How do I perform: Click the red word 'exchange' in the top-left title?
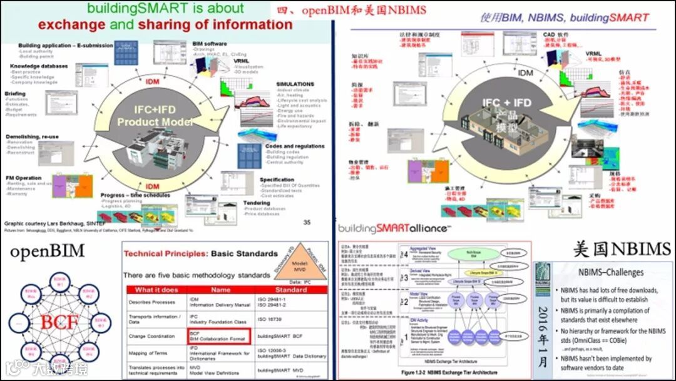64,25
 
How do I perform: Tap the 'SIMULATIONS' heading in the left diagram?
295,84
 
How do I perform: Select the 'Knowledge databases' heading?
39,66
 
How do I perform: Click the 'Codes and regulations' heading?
295,146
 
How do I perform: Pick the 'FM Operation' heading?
24,178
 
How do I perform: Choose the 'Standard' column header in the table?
290,290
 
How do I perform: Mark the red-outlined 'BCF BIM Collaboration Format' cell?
218,336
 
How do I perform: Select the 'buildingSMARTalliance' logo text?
393,229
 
